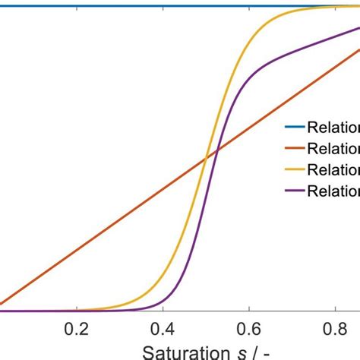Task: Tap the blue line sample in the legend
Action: pos(293,127)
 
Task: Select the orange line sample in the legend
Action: pos(293,148)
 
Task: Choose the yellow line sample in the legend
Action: pos(293,169)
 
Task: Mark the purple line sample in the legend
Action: pos(293,191)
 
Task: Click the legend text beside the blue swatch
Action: pos(333,127)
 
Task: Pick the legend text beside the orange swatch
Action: pos(333,148)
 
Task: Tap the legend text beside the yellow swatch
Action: pos(333,169)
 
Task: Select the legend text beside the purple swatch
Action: pos(333,191)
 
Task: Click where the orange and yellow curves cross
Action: pos(206,159)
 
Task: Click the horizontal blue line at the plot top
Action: pos(152,6)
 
